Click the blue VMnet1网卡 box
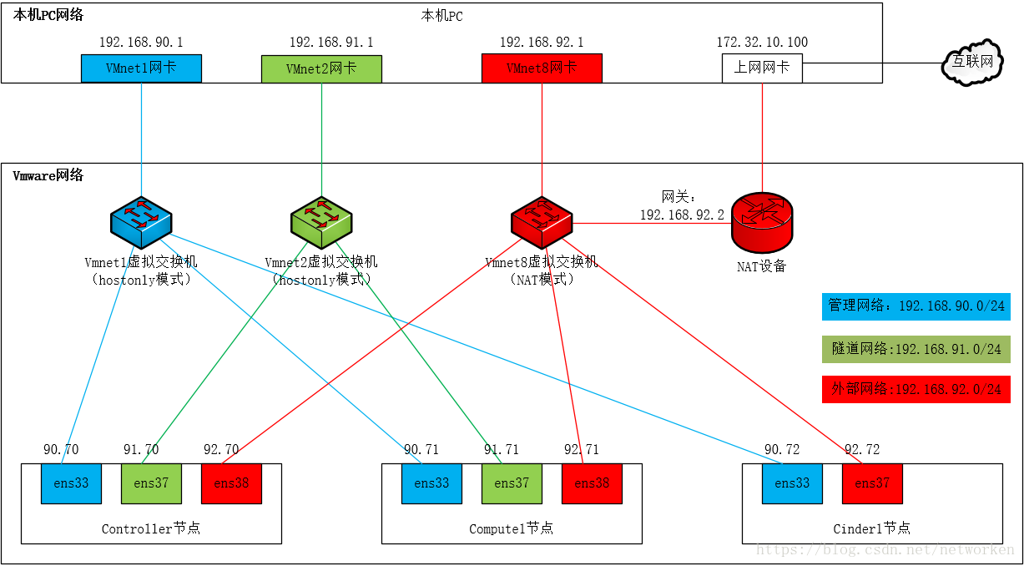tap(141, 68)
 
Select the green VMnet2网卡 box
tap(321, 68)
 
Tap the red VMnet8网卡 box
tap(542, 68)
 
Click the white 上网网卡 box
tap(762, 68)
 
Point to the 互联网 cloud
tap(972, 62)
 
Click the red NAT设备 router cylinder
tap(762, 222)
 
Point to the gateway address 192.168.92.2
tap(682, 215)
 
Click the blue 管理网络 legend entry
tap(916, 306)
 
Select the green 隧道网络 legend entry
tap(916, 349)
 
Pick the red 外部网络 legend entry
tap(916, 389)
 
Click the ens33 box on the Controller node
tap(71, 483)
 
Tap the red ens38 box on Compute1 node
tap(592, 483)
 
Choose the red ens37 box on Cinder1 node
tap(872, 483)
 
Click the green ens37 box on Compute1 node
tap(512, 483)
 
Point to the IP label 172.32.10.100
tap(762, 43)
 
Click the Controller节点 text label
tap(151, 528)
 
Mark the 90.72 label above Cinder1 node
tap(782, 450)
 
